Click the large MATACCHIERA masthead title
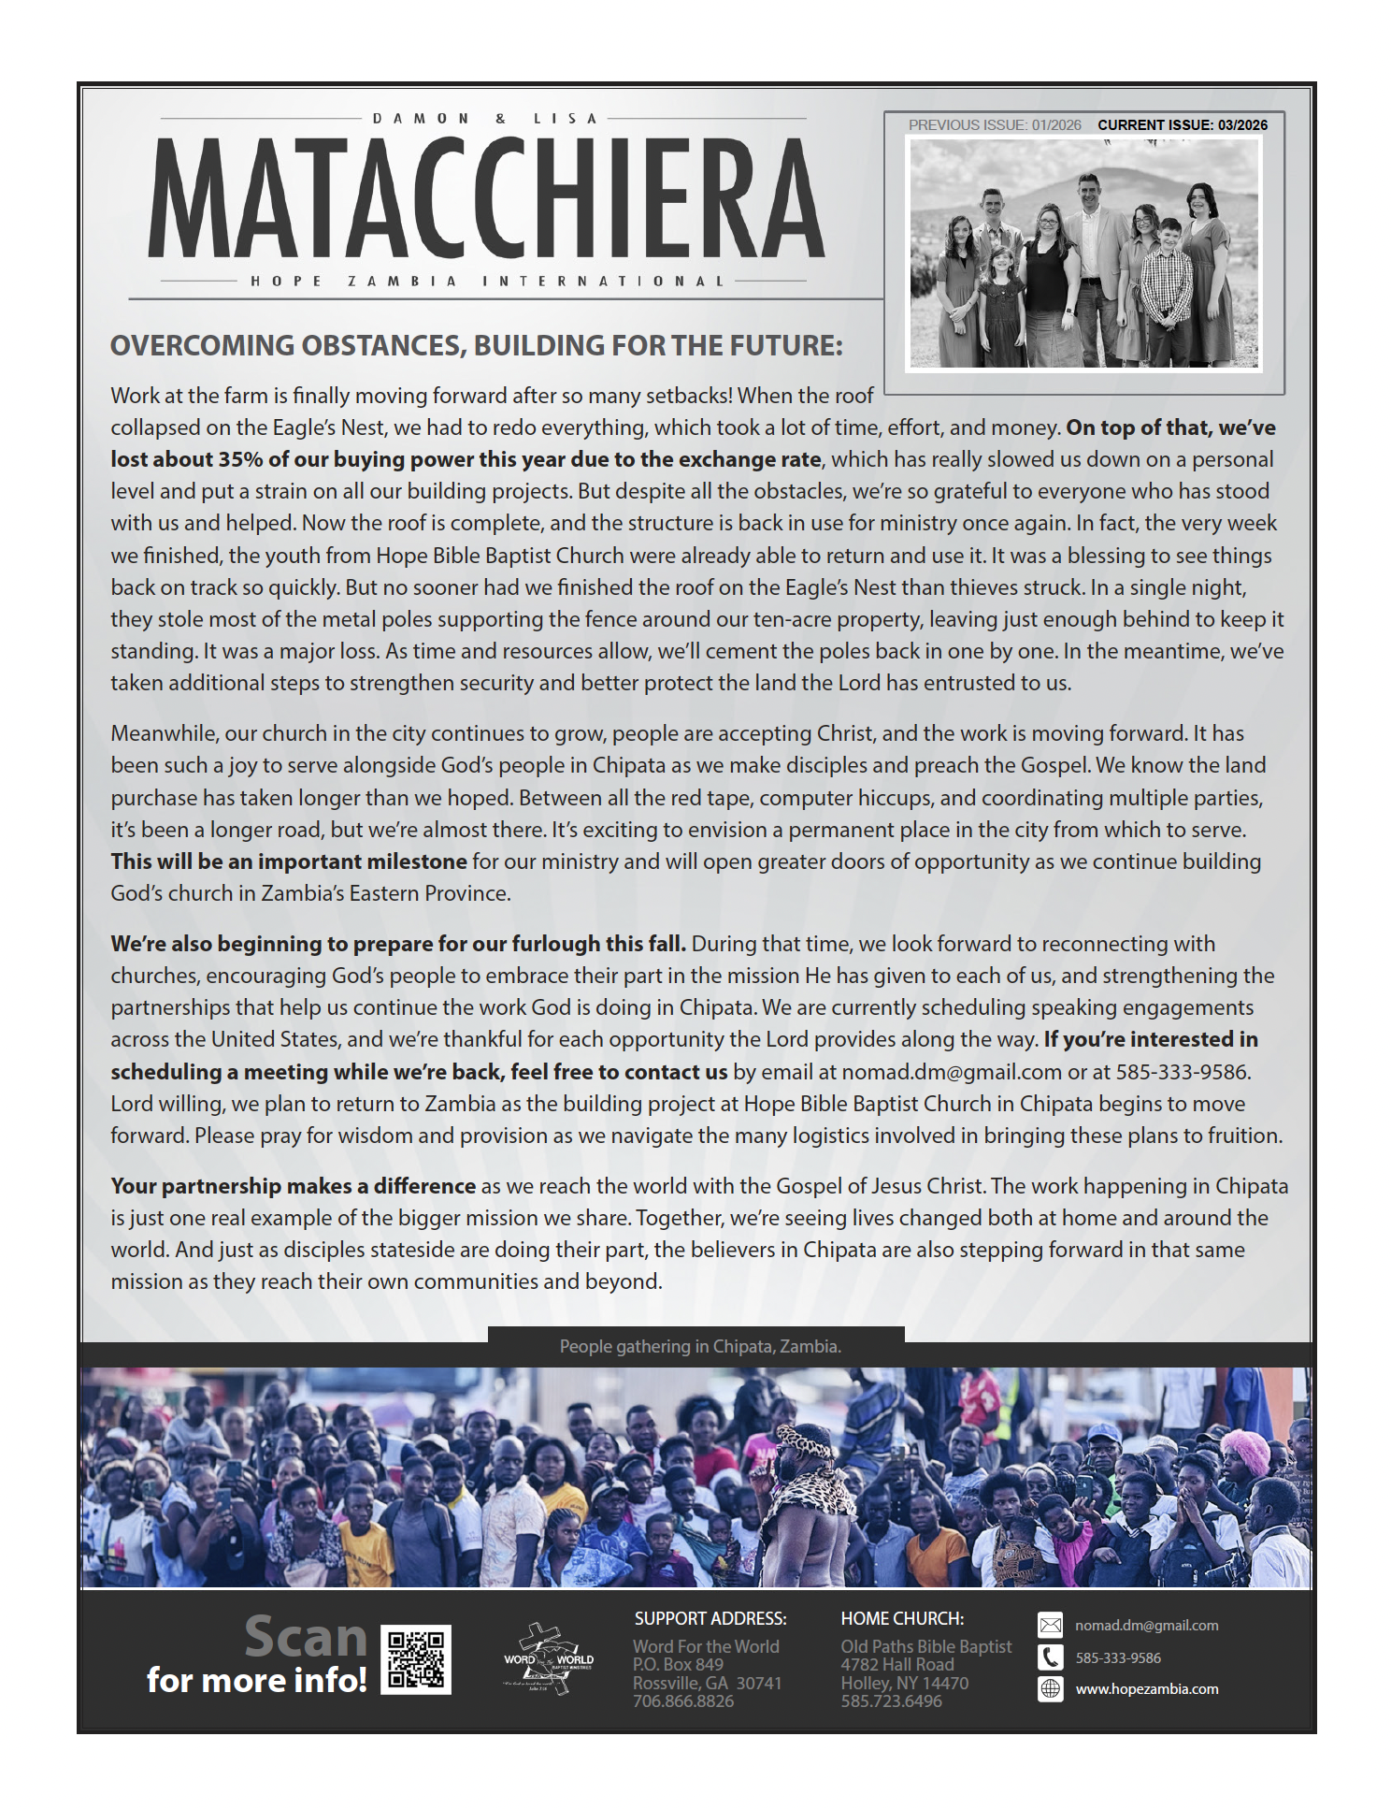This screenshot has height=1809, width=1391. click(486, 198)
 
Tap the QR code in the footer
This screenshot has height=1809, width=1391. click(416, 1660)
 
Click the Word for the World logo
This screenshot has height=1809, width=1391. click(549, 1659)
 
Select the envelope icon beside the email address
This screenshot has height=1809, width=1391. click(1051, 1626)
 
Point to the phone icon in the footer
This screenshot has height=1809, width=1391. click(1051, 1657)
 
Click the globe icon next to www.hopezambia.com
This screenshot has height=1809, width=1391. click(1051, 1689)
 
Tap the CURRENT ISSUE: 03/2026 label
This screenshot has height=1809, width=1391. click(1183, 125)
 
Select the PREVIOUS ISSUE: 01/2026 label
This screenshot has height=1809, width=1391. click(995, 125)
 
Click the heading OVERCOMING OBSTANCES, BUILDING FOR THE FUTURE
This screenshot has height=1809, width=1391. click(477, 346)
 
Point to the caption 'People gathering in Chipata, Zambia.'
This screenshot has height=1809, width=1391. click(700, 1347)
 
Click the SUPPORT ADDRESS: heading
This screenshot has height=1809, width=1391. click(710, 1619)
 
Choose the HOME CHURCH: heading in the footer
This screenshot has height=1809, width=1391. click(902, 1619)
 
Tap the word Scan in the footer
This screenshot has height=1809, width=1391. click(306, 1637)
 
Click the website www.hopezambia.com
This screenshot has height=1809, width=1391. click(1147, 1689)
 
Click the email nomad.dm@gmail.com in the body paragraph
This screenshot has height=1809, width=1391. click(952, 1072)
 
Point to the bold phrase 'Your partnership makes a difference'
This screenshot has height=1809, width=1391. click(294, 1186)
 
